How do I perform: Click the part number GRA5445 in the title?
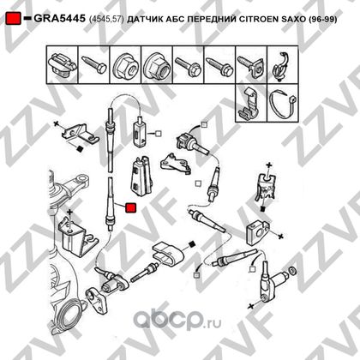point(59,19)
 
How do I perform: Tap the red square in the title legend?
point(14,19)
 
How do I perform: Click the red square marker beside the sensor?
point(131,207)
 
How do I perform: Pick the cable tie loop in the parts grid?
point(283,103)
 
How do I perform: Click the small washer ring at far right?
point(292,270)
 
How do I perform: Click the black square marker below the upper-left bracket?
point(80,149)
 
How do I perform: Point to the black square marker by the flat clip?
point(192,243)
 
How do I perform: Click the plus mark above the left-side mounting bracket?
point(69,213)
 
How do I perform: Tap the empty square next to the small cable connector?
point(158,133)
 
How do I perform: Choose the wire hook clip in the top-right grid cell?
point(282,67)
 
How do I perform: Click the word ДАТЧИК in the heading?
point(143,19)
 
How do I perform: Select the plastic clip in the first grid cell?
point(63,65)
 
